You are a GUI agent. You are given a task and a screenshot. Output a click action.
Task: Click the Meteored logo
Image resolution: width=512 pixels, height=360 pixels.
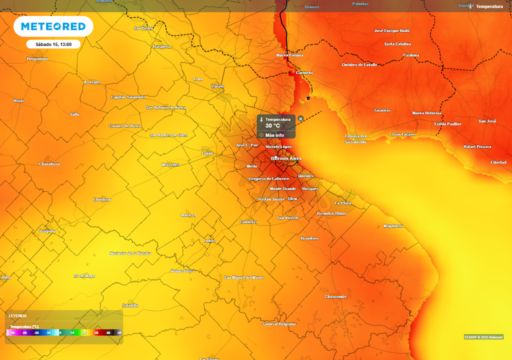click(53, 26)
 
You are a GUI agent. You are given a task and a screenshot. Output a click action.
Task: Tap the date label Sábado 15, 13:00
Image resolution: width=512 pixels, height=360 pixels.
click(53, 44)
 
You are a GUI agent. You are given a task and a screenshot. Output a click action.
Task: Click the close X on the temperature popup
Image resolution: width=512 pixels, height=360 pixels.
click(300, 118)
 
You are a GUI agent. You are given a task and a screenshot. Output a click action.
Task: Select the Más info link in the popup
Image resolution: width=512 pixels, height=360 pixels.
click(274, 135)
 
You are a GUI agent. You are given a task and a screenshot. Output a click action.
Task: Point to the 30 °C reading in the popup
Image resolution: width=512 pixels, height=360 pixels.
click(272, 125)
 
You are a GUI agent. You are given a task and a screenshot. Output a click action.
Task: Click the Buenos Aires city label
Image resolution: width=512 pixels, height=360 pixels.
click(286, 158)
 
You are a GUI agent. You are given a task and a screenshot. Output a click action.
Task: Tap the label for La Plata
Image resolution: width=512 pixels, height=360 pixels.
click(342, 203)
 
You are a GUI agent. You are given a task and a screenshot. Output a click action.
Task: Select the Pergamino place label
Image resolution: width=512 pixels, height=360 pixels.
click(37, 59)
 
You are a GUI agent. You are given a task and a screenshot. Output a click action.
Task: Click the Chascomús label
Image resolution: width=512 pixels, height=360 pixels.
click(335, 296)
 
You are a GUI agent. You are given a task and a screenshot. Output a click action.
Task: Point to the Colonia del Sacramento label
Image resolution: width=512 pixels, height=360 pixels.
click(355, 139)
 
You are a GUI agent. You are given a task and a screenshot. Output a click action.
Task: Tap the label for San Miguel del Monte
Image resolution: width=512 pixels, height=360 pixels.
click(244, 277)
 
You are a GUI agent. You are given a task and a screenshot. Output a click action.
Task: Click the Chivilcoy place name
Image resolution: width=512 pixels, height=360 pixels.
click(101, 199)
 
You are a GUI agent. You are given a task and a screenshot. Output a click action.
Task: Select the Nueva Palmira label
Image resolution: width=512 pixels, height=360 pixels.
click(290, 55)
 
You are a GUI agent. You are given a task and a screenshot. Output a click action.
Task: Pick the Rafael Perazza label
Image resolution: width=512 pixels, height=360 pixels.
click(477, 146)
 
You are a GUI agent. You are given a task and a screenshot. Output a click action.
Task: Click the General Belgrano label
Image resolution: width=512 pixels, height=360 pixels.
click(279, 324)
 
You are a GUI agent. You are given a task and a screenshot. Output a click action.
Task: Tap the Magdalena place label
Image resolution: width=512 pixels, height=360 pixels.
click(393, 226)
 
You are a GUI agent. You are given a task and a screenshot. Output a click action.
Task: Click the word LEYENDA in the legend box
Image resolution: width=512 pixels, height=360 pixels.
click(17, 316)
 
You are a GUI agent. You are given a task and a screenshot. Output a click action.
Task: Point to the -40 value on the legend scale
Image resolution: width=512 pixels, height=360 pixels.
click(12, 332)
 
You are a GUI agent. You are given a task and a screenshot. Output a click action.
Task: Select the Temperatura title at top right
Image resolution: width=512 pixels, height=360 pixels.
click(489, 6)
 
